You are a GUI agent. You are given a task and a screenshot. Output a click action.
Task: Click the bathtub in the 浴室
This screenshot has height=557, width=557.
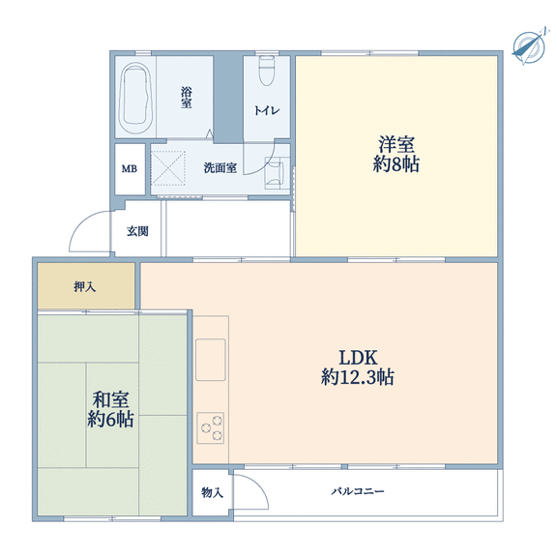click(135, 98)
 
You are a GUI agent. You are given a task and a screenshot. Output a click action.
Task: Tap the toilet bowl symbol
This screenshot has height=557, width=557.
click(267, 71)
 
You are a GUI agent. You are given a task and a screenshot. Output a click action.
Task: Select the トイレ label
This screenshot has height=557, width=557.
click(267, 110)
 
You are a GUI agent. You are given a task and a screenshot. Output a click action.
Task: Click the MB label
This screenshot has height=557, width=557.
click(130, 168)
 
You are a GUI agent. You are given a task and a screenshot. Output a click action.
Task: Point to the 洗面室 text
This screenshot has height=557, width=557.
click(220, 167)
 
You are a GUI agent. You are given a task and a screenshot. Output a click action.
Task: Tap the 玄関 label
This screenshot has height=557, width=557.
click(137, 231)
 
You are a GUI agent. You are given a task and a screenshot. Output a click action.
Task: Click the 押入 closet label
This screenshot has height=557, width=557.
click(84, 286)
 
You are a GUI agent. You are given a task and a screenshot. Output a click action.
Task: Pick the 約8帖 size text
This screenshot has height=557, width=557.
click(396, 164)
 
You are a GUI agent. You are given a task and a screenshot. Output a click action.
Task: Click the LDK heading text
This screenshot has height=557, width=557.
click(358, 358)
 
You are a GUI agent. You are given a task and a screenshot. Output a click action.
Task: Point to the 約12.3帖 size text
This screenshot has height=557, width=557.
click(358, 377)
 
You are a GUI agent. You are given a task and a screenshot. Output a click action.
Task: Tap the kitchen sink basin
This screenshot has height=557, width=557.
click(210, 360)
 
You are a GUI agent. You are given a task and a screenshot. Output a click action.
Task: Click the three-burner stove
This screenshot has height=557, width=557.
click(210, 427)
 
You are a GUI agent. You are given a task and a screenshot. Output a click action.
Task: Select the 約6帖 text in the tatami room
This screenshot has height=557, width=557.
click(110, 419)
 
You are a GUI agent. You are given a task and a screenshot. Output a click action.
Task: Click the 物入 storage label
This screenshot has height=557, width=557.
click(212, 492)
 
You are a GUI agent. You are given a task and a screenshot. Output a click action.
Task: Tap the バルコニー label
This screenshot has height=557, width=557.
click(358, 491)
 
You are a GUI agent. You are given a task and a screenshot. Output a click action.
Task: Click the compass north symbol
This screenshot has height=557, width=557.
click(529, 46)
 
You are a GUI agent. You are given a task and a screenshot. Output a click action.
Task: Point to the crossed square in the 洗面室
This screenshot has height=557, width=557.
click(168, 167)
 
